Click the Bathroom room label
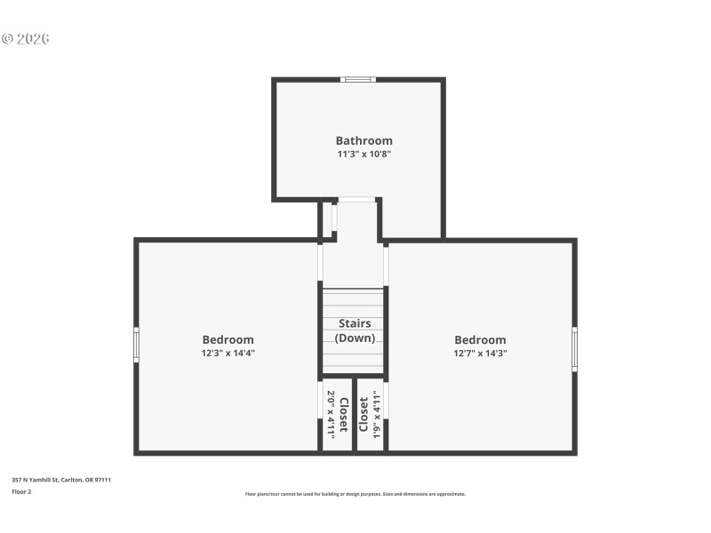363,140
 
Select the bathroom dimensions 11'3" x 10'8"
363,154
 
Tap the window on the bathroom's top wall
359,80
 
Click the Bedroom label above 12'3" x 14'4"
228,339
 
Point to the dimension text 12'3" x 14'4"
228,353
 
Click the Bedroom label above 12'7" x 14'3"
480,339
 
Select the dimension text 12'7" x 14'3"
480,353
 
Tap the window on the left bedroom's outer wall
136,345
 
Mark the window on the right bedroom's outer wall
575,349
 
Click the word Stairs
355,323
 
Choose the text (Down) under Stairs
355,338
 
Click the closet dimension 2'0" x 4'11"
332,414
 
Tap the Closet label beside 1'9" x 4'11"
363,414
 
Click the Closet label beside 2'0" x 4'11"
344,414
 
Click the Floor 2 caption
21,491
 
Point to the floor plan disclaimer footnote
355,494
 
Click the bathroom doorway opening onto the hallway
356,200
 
